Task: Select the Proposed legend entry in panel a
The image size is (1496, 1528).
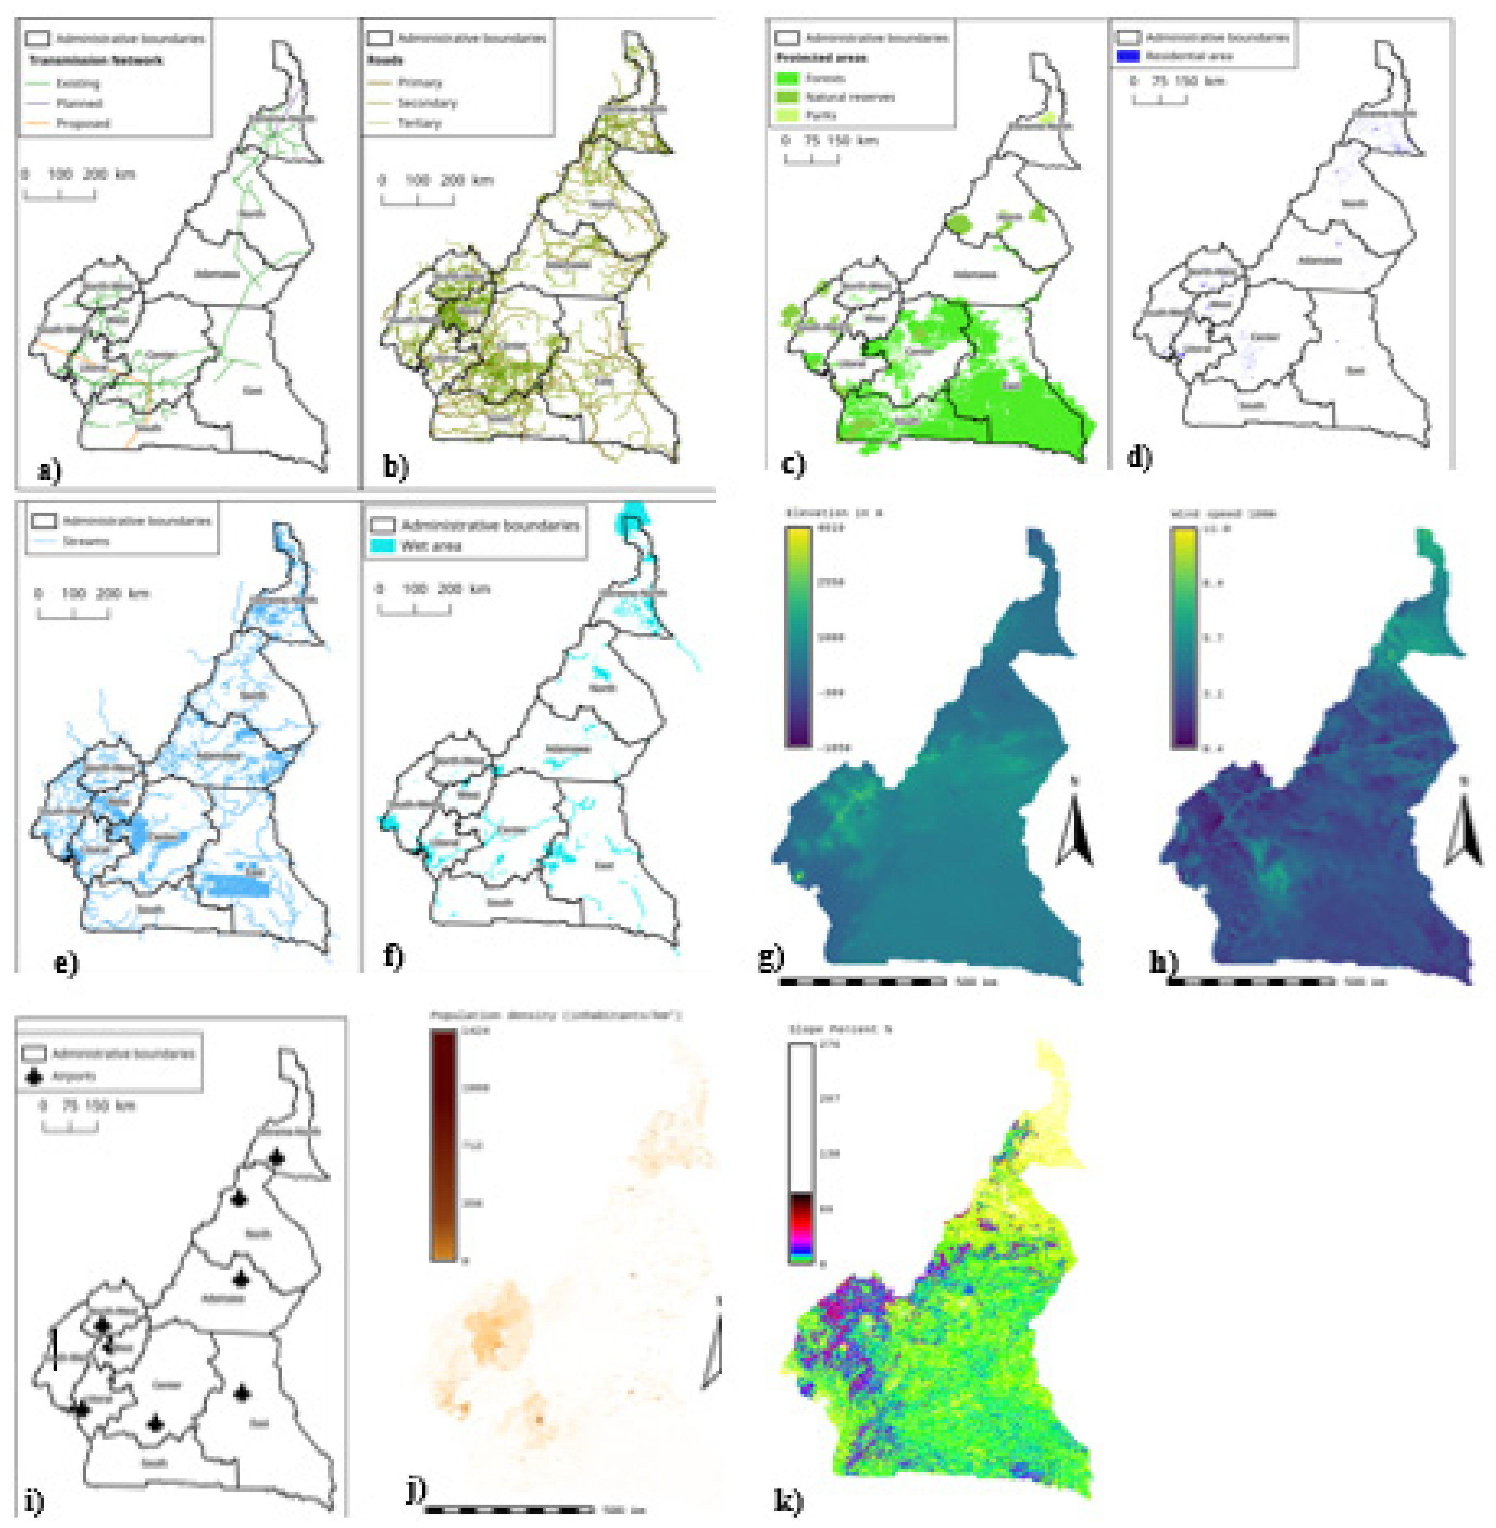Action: pos(83,123)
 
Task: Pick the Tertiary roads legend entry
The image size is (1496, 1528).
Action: pos(419,123)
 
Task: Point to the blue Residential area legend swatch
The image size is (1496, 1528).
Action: pos(1127,56)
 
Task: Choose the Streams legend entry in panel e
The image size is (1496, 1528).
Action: pos(85,541)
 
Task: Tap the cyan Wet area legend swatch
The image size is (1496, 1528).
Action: pos(383,545)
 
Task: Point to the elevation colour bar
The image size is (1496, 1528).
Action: pos(798,637)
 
